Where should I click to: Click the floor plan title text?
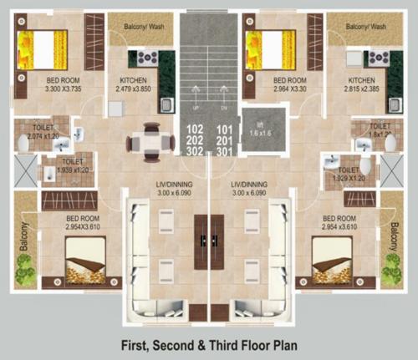click(208, 343)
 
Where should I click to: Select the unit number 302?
click(195, 151)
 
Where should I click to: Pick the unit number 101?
click(223, 129)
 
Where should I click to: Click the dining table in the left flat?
click(150, 140)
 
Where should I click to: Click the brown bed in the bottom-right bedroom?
click(334, 260)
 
